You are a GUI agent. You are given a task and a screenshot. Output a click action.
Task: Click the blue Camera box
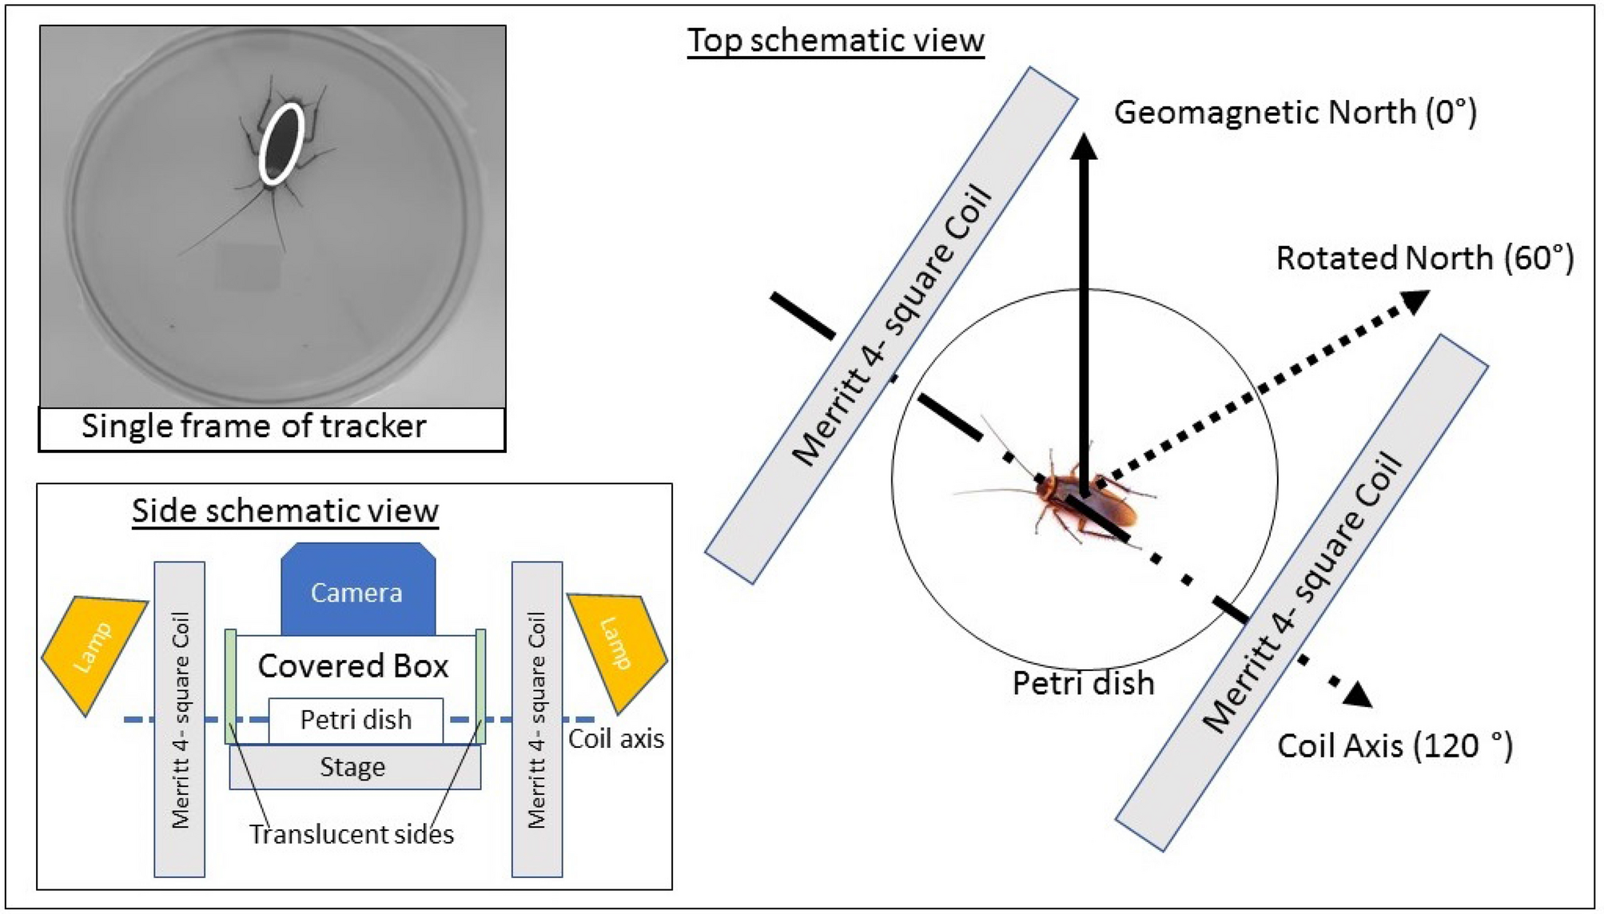click(357, 592)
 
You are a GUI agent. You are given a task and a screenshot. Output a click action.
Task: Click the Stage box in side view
click(354, 768)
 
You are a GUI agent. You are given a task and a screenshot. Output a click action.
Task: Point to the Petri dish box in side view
click(356, 720)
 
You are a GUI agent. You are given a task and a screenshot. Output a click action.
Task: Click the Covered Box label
click(353, 666)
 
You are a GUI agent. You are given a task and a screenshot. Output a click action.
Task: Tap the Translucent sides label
click(352, 834)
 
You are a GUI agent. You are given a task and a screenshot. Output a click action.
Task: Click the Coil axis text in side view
click(616, 739)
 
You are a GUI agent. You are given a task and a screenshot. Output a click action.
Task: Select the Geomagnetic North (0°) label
click(1295, 113)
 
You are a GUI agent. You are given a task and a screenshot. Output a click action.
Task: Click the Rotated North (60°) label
click(1424, 259)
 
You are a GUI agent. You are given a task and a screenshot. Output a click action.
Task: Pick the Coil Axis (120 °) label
click(1395, 746)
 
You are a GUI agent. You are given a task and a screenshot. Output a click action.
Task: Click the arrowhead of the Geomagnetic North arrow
click(1084, 146)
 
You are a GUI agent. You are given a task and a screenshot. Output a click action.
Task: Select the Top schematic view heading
click(836, 41)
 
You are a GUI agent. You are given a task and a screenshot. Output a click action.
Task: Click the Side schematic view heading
click(285, 511)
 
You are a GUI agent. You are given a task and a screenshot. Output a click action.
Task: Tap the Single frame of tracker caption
click(254, 427)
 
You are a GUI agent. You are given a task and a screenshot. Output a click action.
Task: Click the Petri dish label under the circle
click(1083, 684)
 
